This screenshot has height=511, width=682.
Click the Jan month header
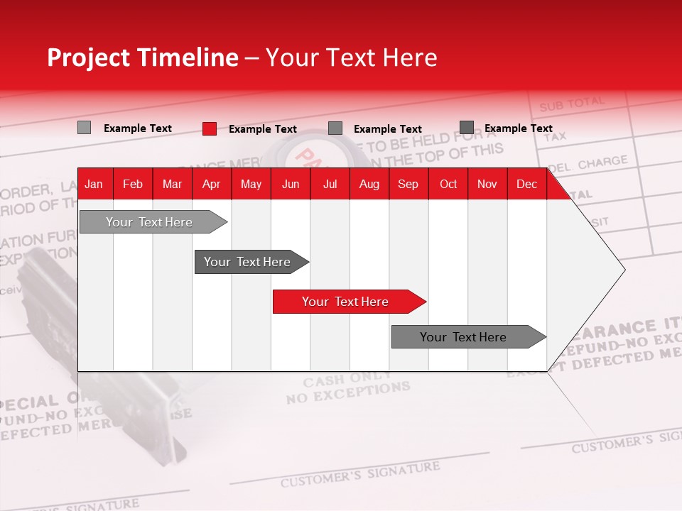pyautogui.click(x=94, y=185)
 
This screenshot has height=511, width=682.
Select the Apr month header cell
pyautogui.click(x=211, y=185)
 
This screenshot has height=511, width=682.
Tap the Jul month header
pyautogui.click(x=330, y=185)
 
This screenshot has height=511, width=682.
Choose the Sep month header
pyautogui.click(x=408, y=185)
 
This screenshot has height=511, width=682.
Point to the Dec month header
pyautogui.click(x=526, y=185)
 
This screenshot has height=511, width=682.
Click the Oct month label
pyautogui.click(x=448, y=185)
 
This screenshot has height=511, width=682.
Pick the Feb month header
pyautogui.click(x=133, y=185)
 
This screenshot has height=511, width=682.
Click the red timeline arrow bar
pyautogui.click(x=348, y=302)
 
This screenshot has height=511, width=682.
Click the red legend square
pyautogui.click(x=210, y=128)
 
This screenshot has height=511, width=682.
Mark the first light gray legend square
pyautogui.click(x=84, y=128)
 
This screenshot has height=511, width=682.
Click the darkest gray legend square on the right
pyautogui.click(x=467, y=128)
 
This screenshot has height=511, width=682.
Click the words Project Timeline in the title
pyautogui.click(x=142, y=57)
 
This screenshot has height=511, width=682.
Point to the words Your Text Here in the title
pyautogui.click(x=351, y=57)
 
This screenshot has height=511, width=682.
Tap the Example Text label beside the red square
pyautogui.click(x=263, y=129)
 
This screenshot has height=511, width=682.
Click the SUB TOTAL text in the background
pyautogui.click(x=571, y=104)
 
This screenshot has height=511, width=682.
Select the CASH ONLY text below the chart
pyautogui.click(x=347, y=378)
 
